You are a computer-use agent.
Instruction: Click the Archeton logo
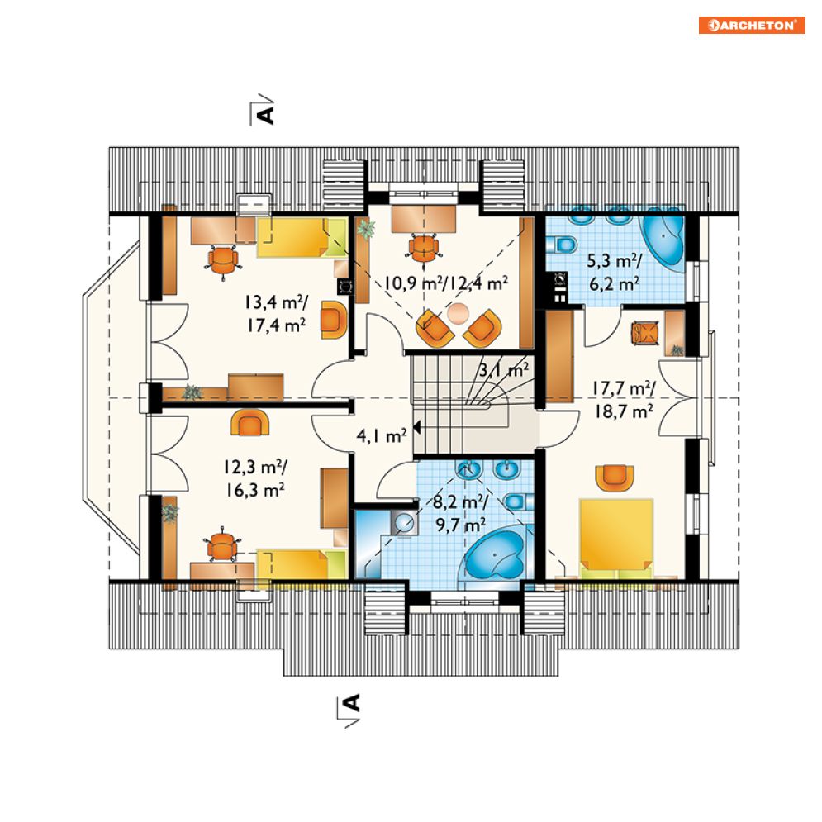tap(752, 25)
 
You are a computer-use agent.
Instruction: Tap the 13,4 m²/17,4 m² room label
tap(276, 313)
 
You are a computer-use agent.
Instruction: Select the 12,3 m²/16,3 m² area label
tap(255, 478)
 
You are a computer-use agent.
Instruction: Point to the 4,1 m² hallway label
tap(381, 435)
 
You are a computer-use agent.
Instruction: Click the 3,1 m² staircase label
tap(504, 370)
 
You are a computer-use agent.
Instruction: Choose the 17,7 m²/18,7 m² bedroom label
tap(623, 400)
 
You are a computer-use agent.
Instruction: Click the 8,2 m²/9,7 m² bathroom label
tap(460, 513)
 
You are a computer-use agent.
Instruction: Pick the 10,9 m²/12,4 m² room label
tap(446, 283)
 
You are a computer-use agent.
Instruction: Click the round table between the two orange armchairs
tap(459, 313)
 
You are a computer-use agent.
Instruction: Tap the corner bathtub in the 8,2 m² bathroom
tap(496, 555)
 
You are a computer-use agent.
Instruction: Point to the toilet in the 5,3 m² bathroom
tap(562, 245)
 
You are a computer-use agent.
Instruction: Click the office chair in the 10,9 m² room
tap(423, 248)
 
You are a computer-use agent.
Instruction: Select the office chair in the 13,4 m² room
tap(223, 260)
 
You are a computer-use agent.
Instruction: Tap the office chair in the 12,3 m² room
tap(222, 544)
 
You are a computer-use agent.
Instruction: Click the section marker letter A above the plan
tap(266, 114)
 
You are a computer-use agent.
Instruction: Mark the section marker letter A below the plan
tap(351, 703)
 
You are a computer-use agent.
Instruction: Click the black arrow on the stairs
tap(417, 427)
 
